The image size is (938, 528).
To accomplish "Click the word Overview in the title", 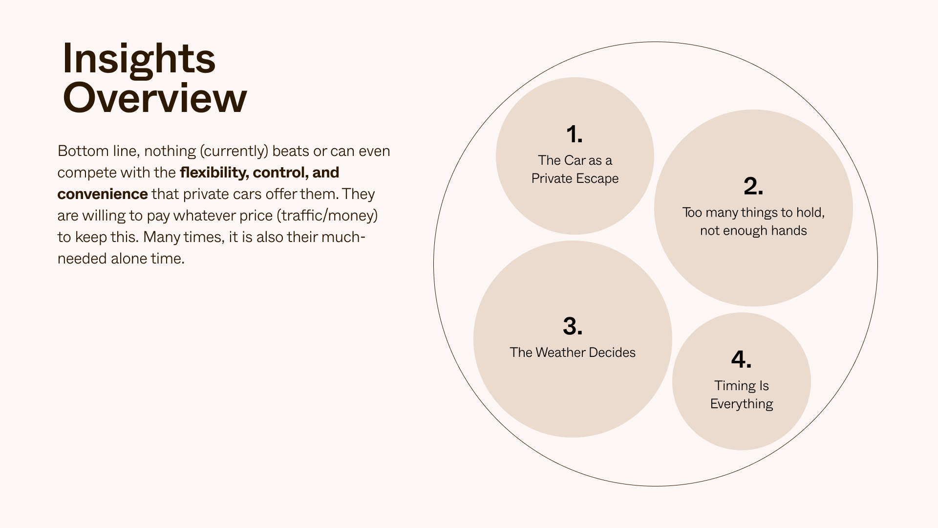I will point(155,98).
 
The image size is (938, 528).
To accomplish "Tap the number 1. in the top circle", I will point(575,134).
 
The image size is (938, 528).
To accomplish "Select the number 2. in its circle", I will point(753,186).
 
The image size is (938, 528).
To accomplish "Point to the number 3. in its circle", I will point(573,326).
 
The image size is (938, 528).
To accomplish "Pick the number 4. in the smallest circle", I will point(741,360).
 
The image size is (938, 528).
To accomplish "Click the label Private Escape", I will point(575,178).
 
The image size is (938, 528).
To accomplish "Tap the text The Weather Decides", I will point(573,352).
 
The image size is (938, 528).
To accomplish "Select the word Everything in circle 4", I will point(742,404).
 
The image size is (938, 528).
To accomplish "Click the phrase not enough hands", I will point(753,231).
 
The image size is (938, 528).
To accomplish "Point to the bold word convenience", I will point(103,194).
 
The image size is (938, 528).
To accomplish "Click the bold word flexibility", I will point(214,173).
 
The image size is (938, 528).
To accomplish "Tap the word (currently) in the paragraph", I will point(234,151).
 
